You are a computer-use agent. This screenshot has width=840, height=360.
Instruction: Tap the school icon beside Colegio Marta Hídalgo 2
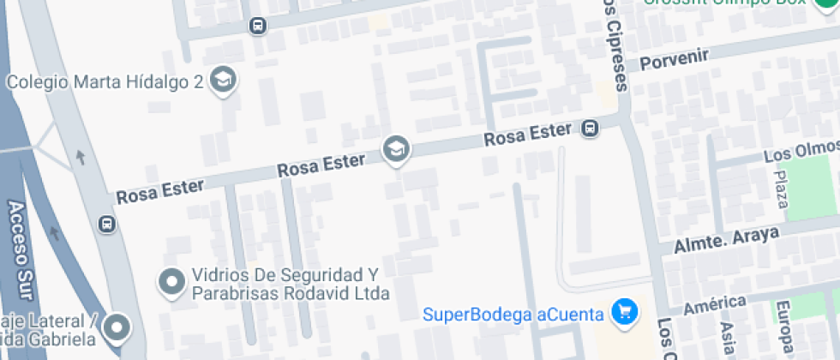tap(224, 81)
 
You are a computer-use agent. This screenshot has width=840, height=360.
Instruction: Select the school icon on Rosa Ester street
tap(396, 150)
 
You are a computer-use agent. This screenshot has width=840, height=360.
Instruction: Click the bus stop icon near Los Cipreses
tap(590, 129)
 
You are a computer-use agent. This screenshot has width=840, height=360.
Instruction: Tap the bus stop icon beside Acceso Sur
tap(107, 225)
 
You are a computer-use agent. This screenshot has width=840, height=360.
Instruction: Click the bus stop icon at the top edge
tap(257, 26)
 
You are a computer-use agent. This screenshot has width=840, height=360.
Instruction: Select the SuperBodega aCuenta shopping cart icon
tap(625, 311)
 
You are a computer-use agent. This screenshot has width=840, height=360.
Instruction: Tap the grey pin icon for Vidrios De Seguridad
tap(172, 281)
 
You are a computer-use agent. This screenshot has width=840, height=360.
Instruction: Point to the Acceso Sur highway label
tap(19, 249)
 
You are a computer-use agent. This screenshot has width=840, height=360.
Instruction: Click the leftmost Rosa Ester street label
tap(160, 189)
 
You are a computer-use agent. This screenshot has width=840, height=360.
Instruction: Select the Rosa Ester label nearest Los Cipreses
tap(527, 135)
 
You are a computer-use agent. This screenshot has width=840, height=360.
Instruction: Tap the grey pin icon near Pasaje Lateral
tap(117, 327)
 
